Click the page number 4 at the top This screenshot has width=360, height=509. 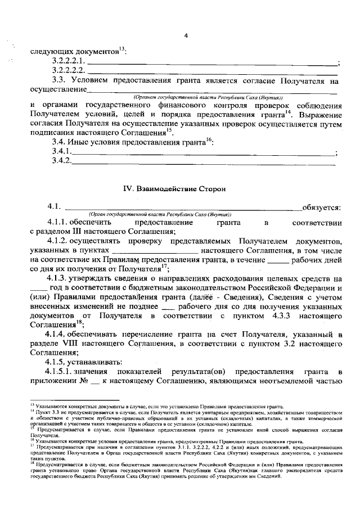[x=186, y=37]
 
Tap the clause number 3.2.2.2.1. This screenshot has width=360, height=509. [x=68, y=61]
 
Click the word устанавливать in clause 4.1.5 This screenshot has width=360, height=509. [x=99, y=361]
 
